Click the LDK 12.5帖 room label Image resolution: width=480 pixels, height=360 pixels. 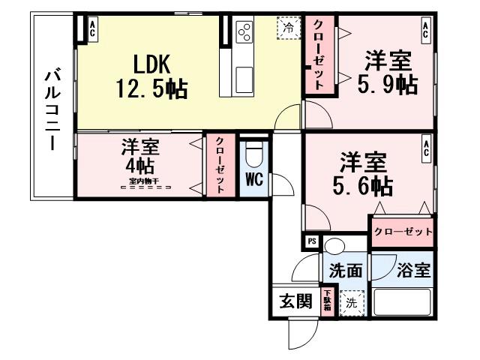[x=151, y=75]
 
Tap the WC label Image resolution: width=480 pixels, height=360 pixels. [x=253, y=179]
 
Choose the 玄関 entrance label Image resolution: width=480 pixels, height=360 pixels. [x=295, y=302]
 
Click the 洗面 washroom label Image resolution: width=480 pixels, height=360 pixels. [x=346, y=271]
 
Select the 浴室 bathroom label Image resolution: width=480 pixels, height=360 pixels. [x=414, y=271]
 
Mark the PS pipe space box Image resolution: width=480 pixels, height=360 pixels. [x=312, y=241]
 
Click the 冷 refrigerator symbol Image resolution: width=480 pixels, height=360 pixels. [x=289, y=27]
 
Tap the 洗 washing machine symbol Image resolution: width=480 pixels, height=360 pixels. [x=351, y=303]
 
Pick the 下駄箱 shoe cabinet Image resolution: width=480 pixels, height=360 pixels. [x=327, y=301]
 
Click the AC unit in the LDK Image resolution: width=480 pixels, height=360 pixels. [x=92, y=30]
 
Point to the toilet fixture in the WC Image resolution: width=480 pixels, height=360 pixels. [x=253, y=155]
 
